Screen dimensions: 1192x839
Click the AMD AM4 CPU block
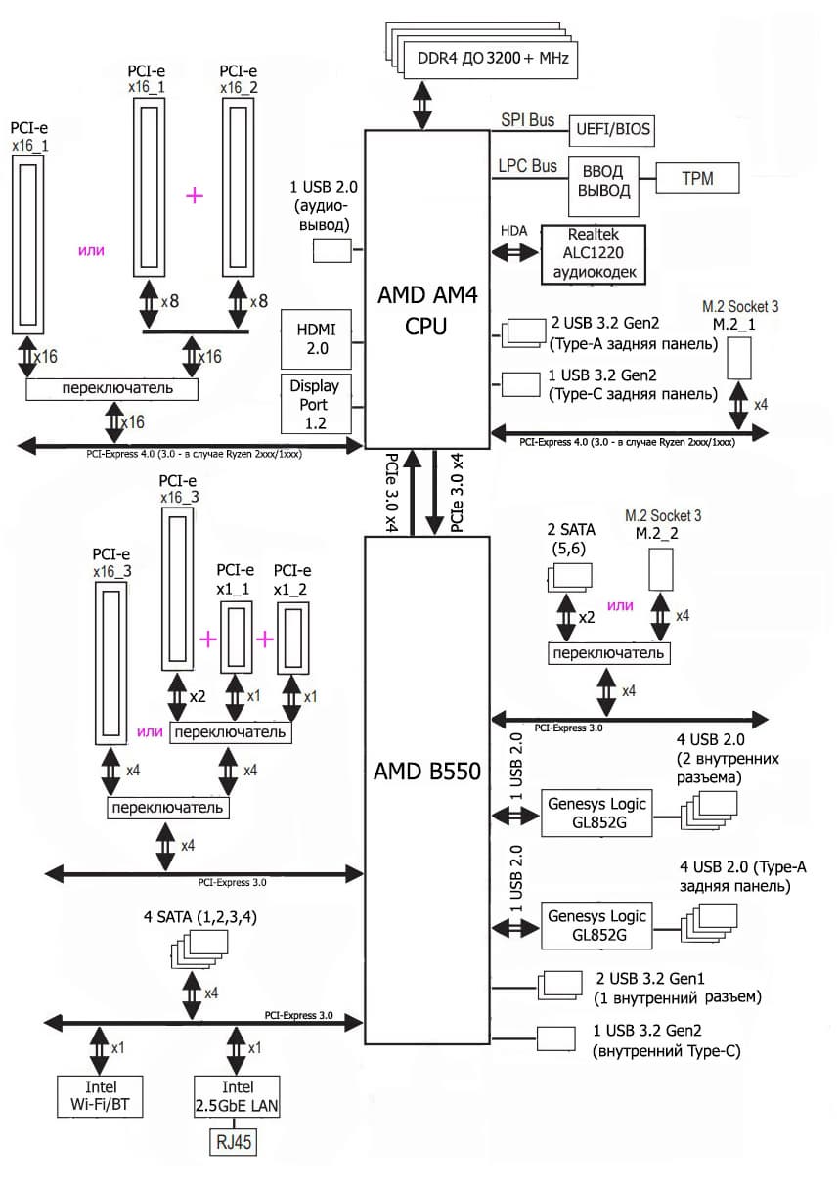click(x=426, y=288)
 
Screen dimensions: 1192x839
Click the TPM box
click(x=697, y=178)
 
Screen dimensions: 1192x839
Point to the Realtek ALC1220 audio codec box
click(x=594, y=254)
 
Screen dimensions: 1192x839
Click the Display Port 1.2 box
click(x=314, y=403)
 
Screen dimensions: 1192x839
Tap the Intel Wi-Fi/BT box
click(x=101, y=1097)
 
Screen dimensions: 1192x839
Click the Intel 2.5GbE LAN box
click(x=238, y=1097)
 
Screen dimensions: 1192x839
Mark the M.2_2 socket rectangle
click(x=664, y=572)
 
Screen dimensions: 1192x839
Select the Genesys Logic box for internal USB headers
click(x=596, y=814)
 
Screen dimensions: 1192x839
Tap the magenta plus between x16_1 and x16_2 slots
click(x=195, y=196)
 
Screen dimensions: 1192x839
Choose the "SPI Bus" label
click(x=528, y=120)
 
